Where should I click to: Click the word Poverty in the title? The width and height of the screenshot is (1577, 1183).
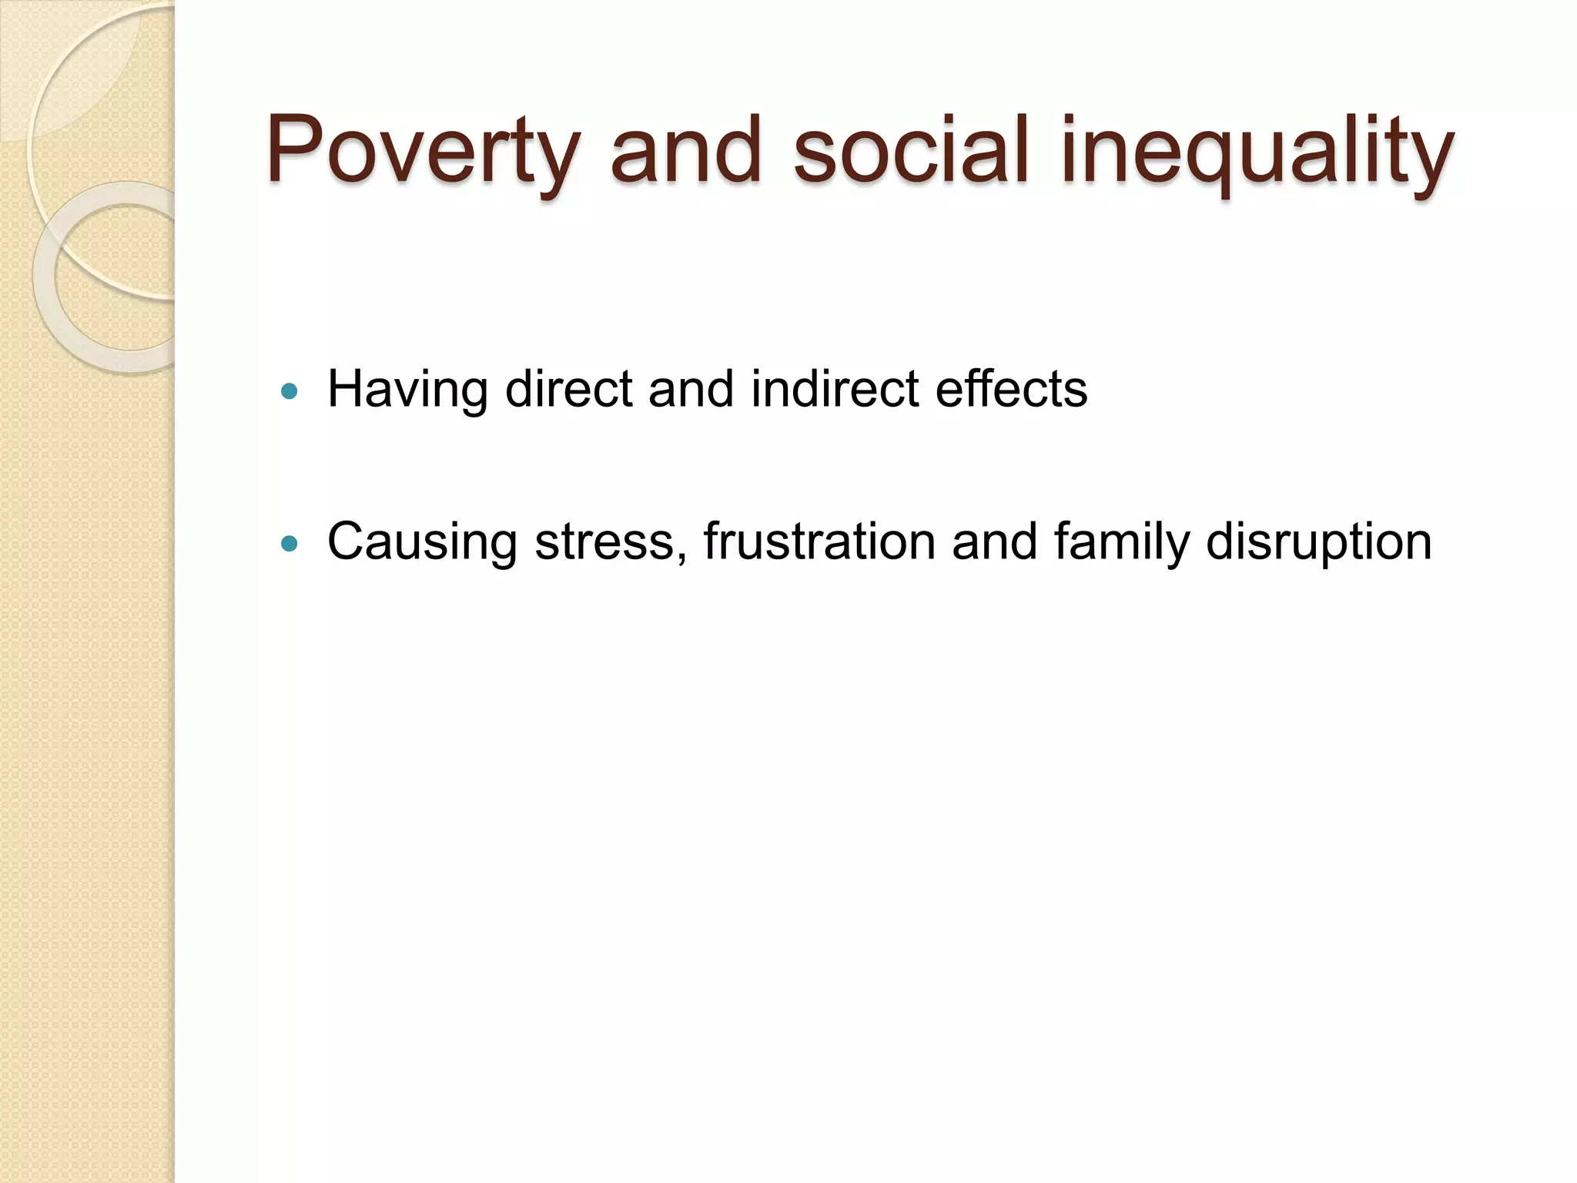422,151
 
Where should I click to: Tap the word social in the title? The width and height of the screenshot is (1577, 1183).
911,151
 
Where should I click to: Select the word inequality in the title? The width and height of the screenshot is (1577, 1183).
1257,151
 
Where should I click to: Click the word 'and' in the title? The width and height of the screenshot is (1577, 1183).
685,151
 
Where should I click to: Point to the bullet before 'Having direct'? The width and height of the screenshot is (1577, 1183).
290,391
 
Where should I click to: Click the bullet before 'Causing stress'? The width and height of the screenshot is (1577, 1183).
290,545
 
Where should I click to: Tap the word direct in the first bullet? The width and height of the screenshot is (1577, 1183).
568,388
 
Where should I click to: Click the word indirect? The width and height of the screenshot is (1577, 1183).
835,388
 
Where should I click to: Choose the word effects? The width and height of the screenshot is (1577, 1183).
1011,388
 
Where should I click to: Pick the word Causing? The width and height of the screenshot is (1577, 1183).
422,542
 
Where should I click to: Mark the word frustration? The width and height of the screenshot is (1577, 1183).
819,541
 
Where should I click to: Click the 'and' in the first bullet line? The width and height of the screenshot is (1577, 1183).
691,388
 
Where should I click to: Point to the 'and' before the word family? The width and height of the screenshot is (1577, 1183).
994,541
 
